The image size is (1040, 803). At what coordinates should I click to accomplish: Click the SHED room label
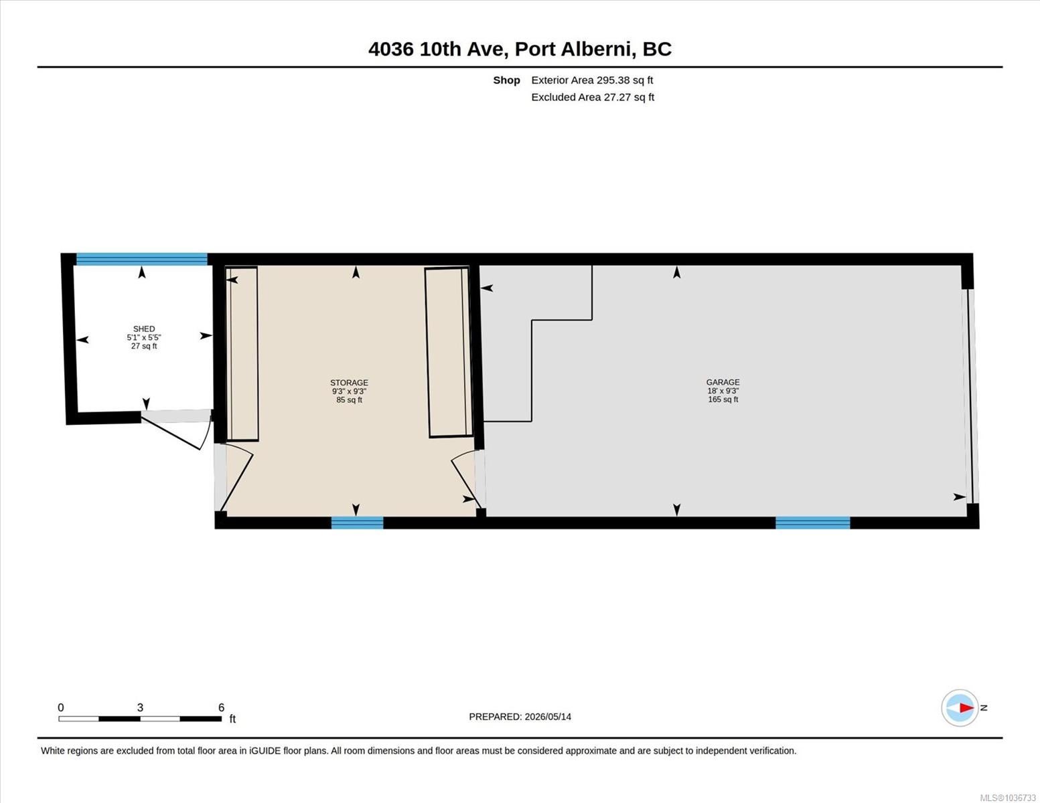click(143, 329)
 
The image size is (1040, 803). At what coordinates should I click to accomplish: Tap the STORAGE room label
click(349, 383)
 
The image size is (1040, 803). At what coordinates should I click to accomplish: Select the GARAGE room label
click(723, 382)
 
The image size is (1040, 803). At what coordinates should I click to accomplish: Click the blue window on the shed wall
click(142, 259)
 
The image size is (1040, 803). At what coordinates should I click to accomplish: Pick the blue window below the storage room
click(357, 523)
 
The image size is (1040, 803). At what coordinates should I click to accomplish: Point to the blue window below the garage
click(813, 523)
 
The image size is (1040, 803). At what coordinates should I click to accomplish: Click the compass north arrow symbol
click(960, 708)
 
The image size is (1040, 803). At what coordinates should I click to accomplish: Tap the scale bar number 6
click(221, 707)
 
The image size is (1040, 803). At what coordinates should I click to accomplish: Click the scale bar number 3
click(140, 707)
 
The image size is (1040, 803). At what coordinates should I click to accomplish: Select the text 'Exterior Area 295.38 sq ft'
click(592, 80)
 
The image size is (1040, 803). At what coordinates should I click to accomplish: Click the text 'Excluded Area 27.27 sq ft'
click(593, 97)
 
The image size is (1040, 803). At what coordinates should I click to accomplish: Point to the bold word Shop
click(506, 80)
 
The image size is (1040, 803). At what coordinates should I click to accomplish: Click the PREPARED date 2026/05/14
click(548, 717)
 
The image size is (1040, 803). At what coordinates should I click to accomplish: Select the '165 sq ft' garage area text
click(723, 399)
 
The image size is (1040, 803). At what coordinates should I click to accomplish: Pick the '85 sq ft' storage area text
click(349, 399)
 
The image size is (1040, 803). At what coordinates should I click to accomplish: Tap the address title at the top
click(520, 49)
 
